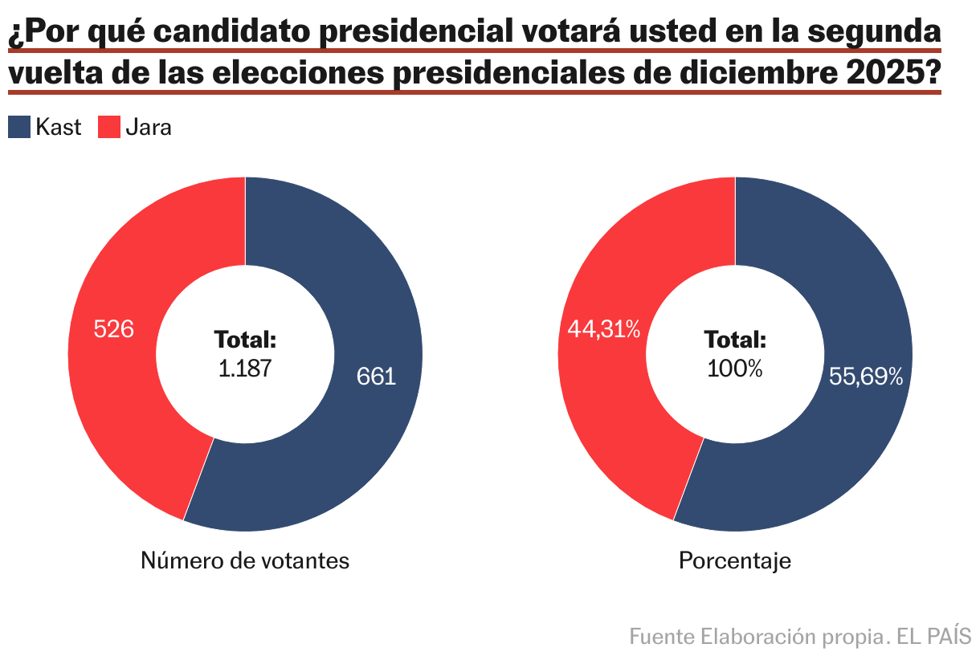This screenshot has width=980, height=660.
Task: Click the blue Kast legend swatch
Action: coord(19,127)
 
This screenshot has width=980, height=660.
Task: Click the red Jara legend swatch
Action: coord(109,127)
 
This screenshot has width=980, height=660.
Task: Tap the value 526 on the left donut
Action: coord(113,329)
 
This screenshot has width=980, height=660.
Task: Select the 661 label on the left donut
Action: coord(377,377)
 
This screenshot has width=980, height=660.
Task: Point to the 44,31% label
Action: coord(604,329)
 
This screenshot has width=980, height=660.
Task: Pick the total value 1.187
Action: coord(245,369)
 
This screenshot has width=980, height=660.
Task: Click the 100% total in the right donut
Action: coord(735,369)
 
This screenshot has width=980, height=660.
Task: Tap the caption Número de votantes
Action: coord(245,560)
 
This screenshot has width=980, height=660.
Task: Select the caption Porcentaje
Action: coord(735,560)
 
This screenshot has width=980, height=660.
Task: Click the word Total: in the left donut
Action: coord(245,340)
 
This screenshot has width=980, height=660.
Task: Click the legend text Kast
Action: coord(59,127)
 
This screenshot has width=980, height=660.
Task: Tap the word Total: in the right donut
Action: coord(735,340)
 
